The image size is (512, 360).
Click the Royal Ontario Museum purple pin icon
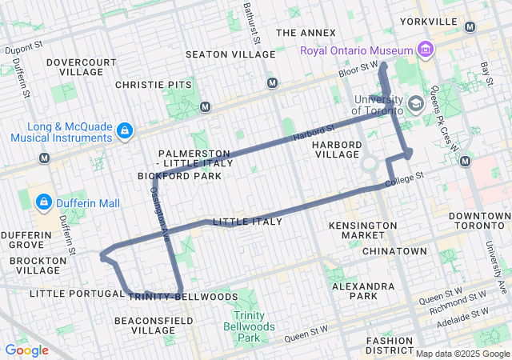click(x=426, y=51)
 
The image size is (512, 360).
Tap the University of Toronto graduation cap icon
click(x=415, y=104)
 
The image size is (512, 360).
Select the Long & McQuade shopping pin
click(x=124, y=130)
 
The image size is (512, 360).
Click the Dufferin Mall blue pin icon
click(x=44, y=203)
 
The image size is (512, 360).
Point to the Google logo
click(x=26, y=350)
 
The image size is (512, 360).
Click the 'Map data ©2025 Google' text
click(x=462, y=354)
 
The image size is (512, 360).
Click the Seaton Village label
click(x=230, y=54)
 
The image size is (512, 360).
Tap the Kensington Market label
click(x=362, y=230)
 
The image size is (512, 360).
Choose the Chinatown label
click(x=394, y=251)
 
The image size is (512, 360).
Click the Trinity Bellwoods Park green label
click(x=254, y=321)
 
